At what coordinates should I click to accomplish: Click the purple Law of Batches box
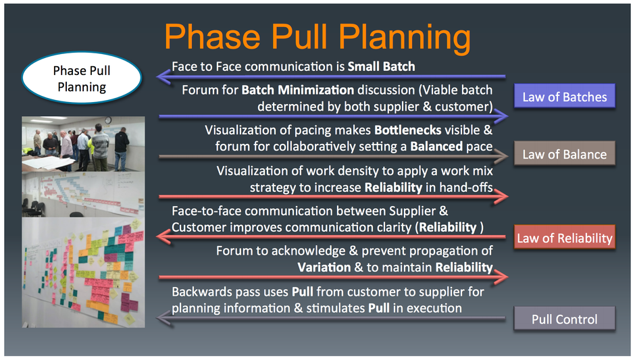565,96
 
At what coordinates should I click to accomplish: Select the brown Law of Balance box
565,153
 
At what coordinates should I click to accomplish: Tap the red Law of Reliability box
565,237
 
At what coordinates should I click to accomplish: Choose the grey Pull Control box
565,319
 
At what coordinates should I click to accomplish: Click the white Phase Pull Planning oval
81,78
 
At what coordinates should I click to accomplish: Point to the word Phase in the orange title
212,37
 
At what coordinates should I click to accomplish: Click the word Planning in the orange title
405,38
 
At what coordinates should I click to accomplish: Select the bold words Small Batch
381,66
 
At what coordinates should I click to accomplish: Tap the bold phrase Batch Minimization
298,90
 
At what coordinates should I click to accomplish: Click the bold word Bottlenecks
408,130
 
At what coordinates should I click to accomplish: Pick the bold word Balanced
436,146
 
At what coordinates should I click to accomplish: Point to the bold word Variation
324,267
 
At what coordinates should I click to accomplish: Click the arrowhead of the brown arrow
501,156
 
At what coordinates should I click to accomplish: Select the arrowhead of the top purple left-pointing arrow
163,76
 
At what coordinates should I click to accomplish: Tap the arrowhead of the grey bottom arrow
163,319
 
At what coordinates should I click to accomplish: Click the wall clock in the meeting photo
108,120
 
